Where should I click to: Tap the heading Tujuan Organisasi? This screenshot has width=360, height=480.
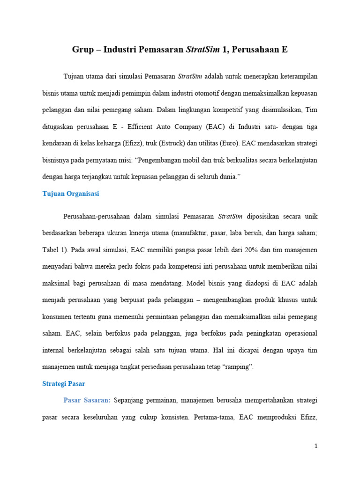click(x=70, y=194)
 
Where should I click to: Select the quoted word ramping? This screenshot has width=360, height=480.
click(x=240, y=367)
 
